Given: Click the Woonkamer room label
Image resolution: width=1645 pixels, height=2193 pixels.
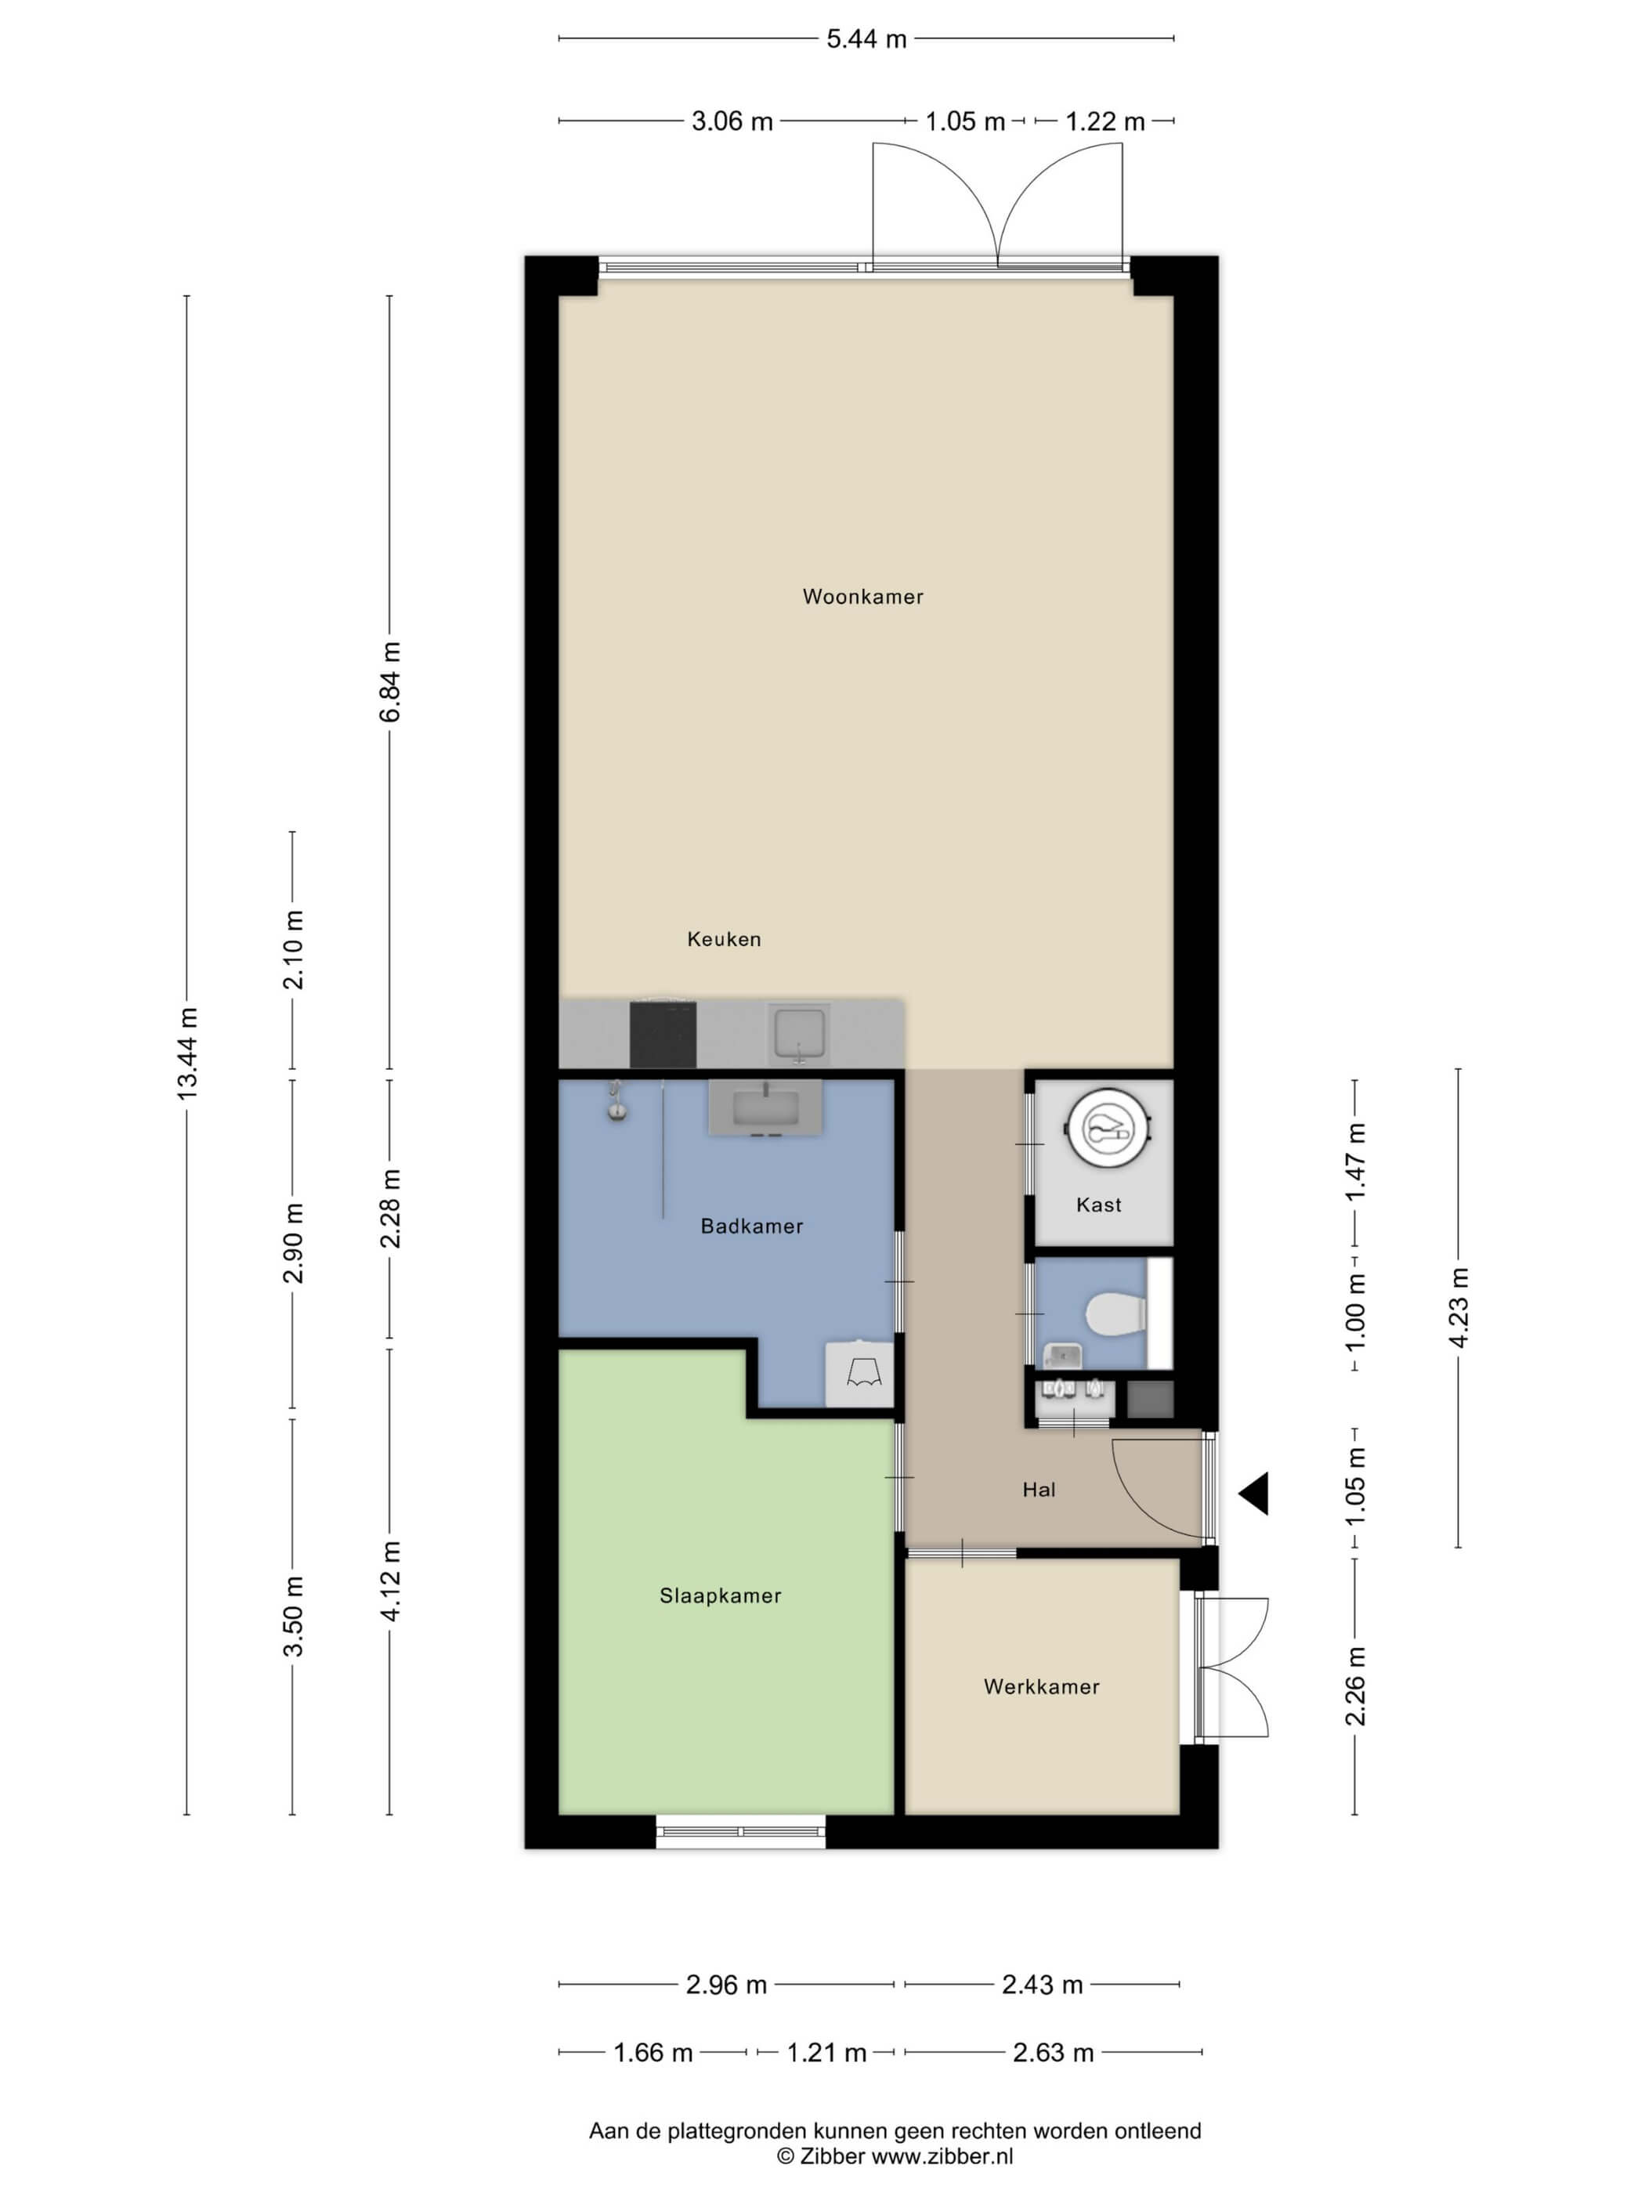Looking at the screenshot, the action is click(862, 597).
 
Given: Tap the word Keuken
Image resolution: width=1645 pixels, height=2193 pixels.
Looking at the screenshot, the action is click(724, 939).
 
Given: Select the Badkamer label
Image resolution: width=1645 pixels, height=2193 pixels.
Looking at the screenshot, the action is click(751, 1227).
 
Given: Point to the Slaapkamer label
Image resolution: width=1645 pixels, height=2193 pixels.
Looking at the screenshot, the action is click(721, 1595).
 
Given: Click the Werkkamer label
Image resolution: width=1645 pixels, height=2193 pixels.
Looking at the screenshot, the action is click(1041, 1686).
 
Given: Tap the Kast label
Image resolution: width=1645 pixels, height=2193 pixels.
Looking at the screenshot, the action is click(1099, 1205).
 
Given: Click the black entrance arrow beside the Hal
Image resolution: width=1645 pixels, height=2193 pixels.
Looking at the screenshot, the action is click(1253, 1493).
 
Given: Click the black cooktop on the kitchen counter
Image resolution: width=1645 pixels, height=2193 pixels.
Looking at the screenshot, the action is click(663, 1035).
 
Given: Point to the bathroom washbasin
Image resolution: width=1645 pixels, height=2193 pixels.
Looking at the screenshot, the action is click(765, 1107).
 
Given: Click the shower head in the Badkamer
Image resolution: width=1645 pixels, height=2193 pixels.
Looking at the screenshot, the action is click(616, 1100).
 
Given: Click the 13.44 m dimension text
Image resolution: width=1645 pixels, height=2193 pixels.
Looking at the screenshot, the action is click(187, 1052).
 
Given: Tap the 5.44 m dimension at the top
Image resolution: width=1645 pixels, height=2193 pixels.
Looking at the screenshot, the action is click(866, 38).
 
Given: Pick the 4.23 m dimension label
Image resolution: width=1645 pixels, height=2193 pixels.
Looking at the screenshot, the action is click(1459, 1306).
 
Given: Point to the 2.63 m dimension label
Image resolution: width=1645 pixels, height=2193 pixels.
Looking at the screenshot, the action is click(1053, 2052).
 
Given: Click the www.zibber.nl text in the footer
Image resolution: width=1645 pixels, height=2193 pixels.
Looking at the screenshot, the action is click(942, 2155).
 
